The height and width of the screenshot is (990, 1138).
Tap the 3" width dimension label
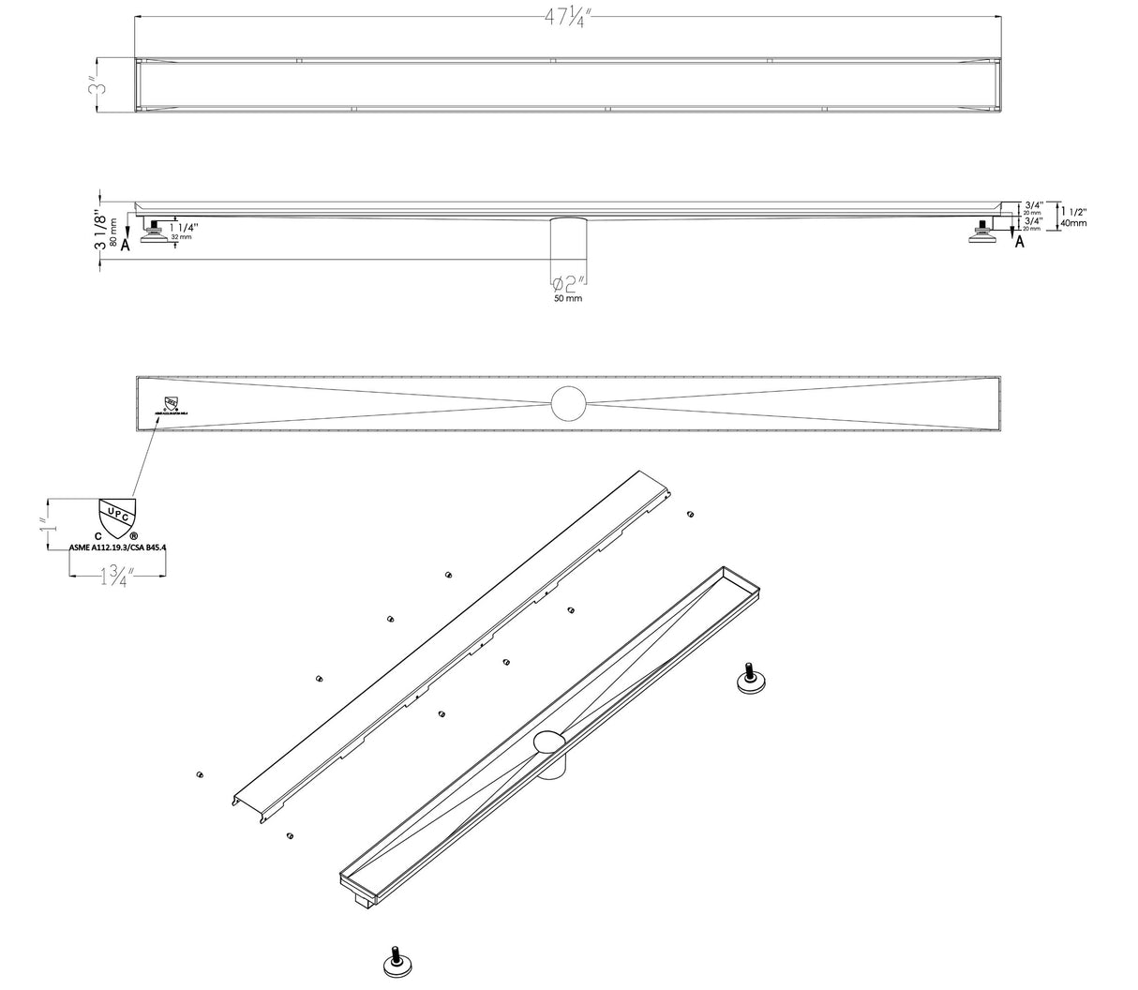[96, 87]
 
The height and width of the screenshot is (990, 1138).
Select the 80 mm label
[112, 230]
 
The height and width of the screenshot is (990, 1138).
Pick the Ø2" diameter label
[568, 283]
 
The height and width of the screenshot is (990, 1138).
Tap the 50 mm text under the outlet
[567, 298]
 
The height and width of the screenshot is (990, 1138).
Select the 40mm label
[1073, 223]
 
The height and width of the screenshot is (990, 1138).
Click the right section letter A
[1019, 242]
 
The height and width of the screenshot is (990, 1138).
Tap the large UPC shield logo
[118, 517]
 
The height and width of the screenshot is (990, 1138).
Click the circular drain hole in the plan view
[567, 403]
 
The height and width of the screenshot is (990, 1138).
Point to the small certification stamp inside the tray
[170, 406]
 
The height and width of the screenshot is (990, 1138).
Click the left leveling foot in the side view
[157, 233]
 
